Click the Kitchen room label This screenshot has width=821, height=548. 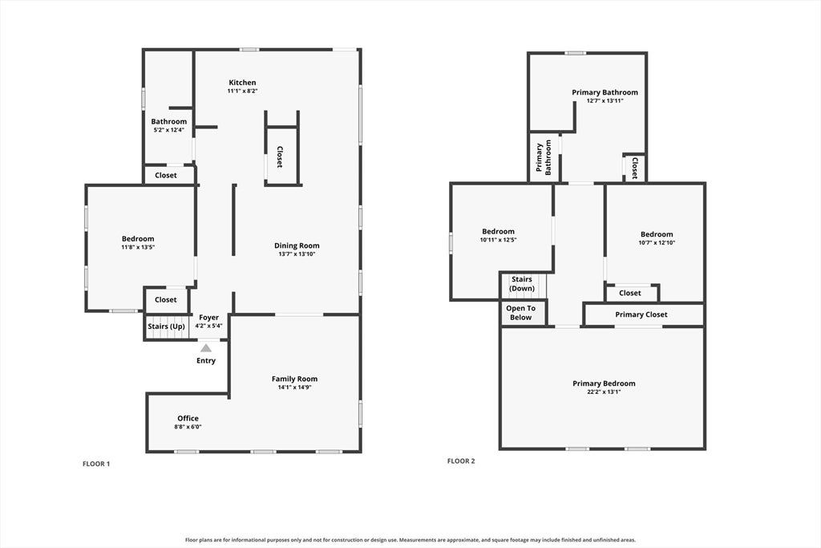[242, 83]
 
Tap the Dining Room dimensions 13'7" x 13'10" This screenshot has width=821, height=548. [297, 254]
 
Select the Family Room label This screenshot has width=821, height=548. [294, 379]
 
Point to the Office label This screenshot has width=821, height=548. [188, 418]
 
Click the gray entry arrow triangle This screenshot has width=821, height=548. [206, 348]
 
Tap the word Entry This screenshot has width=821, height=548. [206, 360]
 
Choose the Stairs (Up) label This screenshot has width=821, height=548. [166, 327]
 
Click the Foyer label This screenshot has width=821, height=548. [209, 318]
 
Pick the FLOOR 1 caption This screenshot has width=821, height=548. [96, 464]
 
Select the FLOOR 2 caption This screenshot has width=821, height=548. [461, 461]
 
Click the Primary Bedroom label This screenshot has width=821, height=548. [604, 383]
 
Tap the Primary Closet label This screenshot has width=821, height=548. [641, 315]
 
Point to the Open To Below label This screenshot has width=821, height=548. [520, 313]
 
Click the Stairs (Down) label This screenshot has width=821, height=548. [522, 284]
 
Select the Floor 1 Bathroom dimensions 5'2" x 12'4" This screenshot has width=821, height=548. [168, 130]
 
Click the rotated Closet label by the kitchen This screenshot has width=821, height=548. [280, 156]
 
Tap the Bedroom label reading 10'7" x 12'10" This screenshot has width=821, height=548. [657, 234]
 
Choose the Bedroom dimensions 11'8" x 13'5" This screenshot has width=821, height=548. [138, 247]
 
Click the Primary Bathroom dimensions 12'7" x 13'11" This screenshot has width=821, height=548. [605, 100]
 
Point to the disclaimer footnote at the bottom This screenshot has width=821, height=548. [410, 540]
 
